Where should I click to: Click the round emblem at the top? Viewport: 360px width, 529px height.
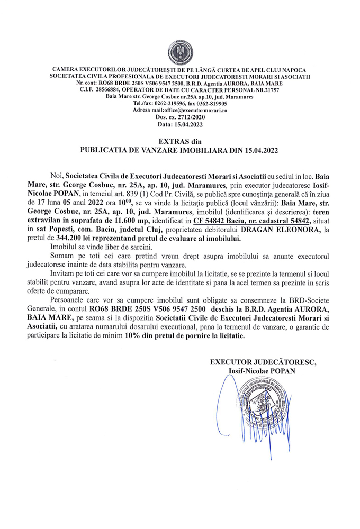(180, 52)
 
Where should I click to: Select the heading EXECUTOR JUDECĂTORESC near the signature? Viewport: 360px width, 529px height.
(263, 362)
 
